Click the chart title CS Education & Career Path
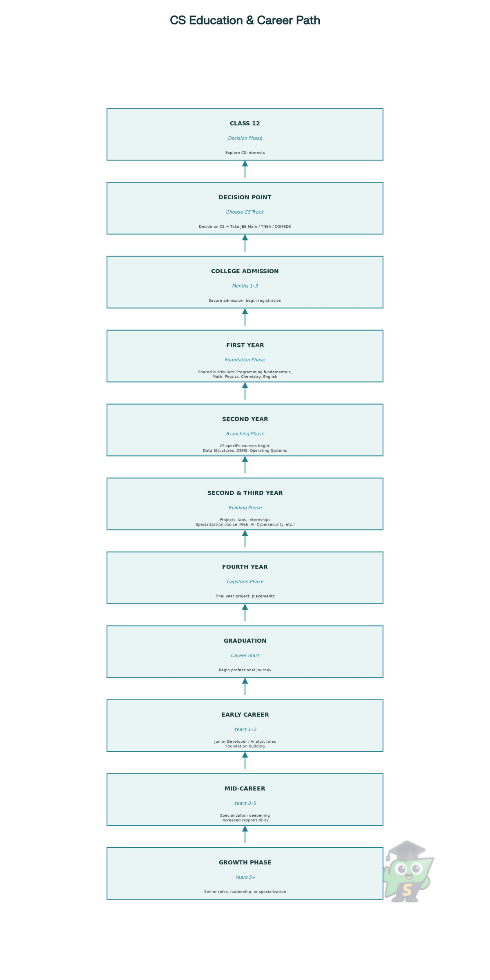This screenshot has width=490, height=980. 245,20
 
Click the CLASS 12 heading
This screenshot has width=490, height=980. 245,123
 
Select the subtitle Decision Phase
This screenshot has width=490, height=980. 245,138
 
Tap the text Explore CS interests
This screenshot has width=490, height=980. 245,153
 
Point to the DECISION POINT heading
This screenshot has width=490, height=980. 245,197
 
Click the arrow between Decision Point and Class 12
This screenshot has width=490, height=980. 245,169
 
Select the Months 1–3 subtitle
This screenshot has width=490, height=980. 245,286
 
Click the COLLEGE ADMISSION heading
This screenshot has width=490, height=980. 245,271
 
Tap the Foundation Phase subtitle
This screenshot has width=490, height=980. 245,360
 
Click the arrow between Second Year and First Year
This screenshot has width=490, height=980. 245,391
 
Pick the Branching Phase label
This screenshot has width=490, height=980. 245,434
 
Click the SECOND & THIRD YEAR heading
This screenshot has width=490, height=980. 245,493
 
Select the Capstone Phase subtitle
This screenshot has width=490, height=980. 245,581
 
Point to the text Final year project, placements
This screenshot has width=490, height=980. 245,596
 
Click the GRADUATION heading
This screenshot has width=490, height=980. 245,641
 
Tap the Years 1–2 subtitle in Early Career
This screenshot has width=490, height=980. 245,729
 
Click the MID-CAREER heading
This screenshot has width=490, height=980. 245,788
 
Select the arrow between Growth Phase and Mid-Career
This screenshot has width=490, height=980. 245,834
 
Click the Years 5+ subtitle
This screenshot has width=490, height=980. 245,877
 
